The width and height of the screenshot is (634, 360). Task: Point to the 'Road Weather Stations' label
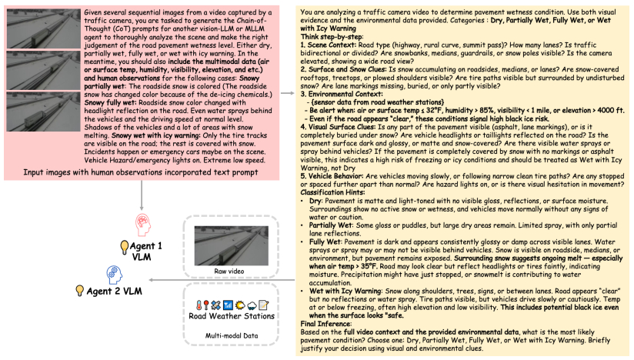(x=232, y=315)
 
